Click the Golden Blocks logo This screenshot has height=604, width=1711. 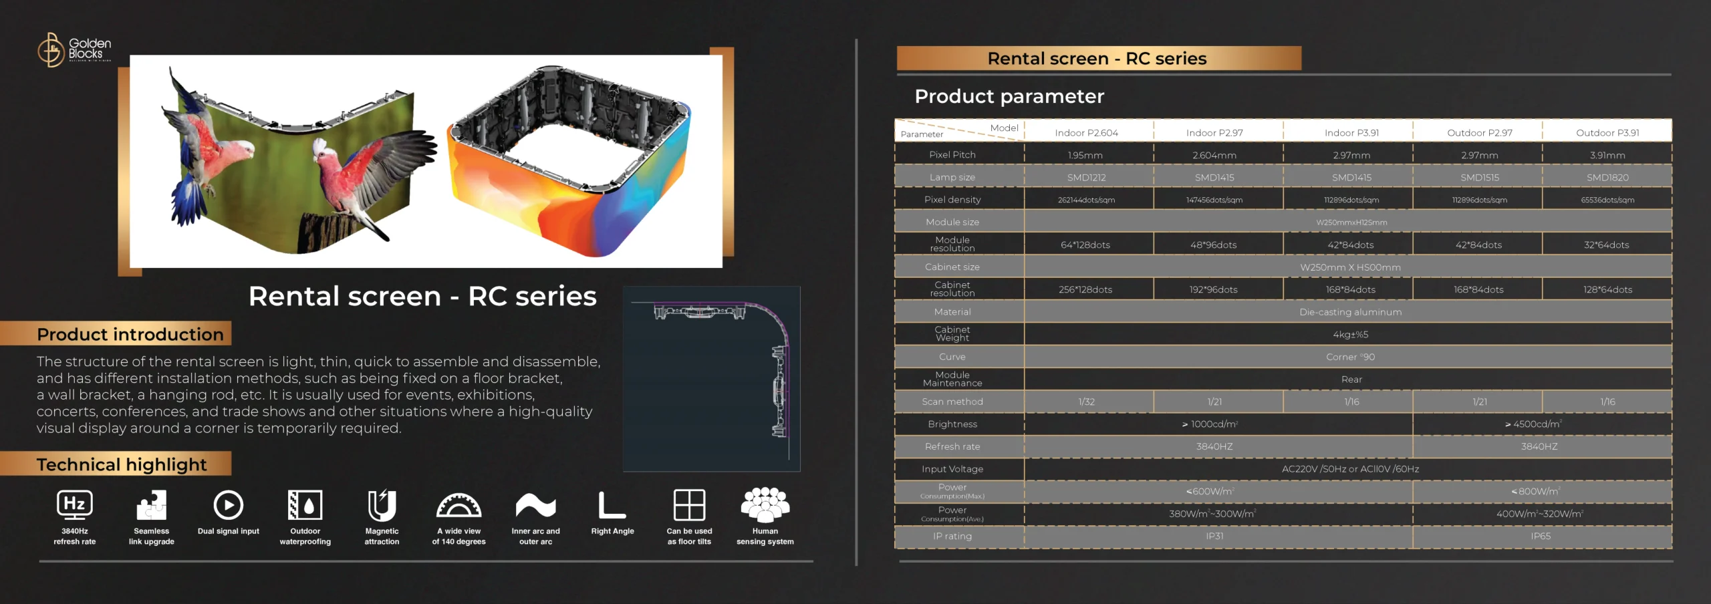74,49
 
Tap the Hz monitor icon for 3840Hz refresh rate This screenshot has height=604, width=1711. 75,505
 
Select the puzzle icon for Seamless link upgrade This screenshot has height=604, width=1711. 152,505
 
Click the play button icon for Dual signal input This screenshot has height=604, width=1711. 229,505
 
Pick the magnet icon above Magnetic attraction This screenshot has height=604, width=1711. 382,505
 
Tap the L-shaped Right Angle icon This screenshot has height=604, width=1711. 612,505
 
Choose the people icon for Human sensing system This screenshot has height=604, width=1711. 765,504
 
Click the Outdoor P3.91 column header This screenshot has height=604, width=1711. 1607,133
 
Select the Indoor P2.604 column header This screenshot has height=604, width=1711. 1087,133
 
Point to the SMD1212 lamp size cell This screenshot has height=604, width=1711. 1087,178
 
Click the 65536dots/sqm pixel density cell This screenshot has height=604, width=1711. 1607,200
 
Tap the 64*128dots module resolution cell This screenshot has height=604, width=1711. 1085,245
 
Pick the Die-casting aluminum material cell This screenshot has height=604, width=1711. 1351,312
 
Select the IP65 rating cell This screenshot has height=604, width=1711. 1541,536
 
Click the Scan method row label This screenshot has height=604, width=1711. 952,402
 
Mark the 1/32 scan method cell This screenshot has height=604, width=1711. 1087,402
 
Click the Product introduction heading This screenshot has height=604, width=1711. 130,334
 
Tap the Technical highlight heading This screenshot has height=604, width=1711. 122,464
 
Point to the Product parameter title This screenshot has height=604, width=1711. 1009,96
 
